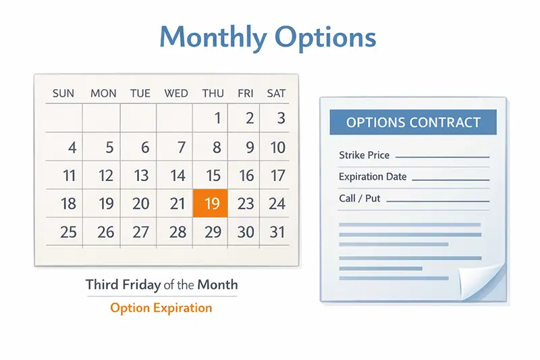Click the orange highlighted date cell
tap(211, 203)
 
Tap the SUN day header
tap(63, 93)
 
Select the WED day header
tap(176, 93)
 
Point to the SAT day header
tap(276, 93)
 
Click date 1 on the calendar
tap(217, 119)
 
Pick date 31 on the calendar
tap(277, 232)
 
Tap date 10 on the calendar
tap(277, 147)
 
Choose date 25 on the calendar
tap(68, 232)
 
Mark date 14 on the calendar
tap(178, 176)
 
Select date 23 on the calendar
tap(246, 203)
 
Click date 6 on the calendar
tap(144, 147)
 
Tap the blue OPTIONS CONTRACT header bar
tap(413, 122)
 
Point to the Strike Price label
tap(364, 155)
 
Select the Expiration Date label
tap(373, 177)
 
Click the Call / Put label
tap(360, 199)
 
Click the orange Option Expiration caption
tap(161, 308)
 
